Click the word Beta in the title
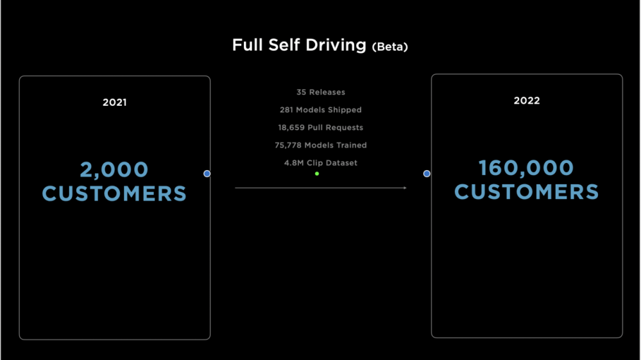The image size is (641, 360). tap(390, 47)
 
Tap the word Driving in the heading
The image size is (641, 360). tap(336, 45)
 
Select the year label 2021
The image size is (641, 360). tap(114, 102)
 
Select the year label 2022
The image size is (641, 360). tap(527, 101)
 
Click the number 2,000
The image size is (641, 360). tap(114, 169)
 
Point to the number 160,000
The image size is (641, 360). tap(526, 168)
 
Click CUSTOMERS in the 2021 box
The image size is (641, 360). tap(114, 194)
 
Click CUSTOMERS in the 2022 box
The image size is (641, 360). tap(527, 192)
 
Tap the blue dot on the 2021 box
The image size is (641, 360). tap(207, 174)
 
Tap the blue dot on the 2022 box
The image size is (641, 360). tap(427, 174)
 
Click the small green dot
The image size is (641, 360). tap(317, 174)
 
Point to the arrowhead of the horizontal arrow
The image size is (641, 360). tap(406, 188)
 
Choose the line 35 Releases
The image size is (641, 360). tap(321, 92)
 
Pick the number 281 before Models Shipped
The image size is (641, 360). tap(286, 110)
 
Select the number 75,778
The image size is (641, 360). tap(288, 145)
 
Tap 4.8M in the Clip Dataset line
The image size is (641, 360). tap(294, 162)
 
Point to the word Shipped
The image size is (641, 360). tap(345, 110)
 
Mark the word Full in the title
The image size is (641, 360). tap(248, 45)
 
